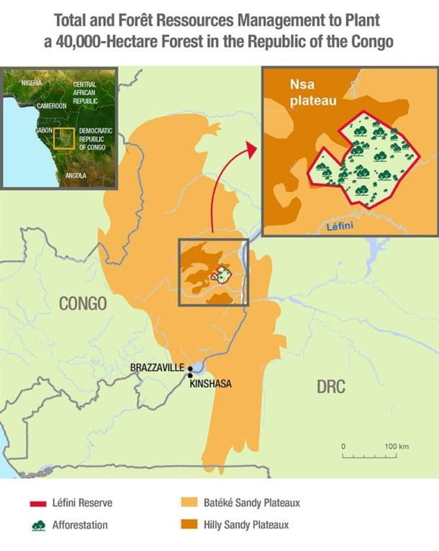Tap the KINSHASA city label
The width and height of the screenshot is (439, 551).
(210, 384)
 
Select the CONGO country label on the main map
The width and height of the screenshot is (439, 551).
(82, 304)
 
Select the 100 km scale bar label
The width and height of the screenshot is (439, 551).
(397, 447)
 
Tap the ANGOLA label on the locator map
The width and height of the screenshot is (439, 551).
(75, 175)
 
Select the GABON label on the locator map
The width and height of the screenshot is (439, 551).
(45, 131)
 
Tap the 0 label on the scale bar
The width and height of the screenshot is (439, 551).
(343, 447)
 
